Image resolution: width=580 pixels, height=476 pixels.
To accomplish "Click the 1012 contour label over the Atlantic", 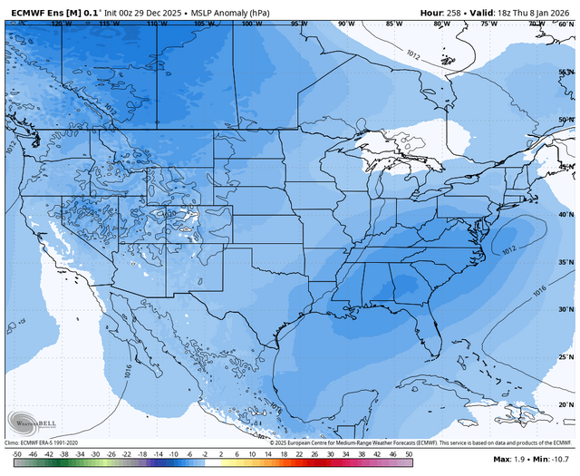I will tap(508, 247).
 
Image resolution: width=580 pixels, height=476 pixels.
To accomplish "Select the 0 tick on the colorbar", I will tap(212, 452).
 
